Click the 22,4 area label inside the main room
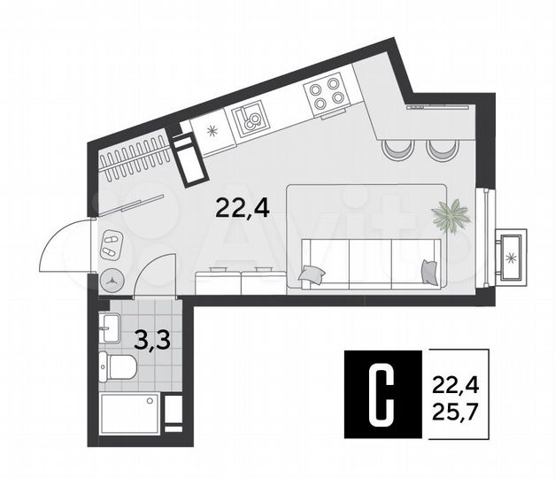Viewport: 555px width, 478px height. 243,209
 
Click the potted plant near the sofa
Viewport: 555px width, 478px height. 451,215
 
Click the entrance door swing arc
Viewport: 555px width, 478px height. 64,245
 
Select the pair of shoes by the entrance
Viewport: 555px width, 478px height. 112,243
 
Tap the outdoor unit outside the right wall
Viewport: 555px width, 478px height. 513,255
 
